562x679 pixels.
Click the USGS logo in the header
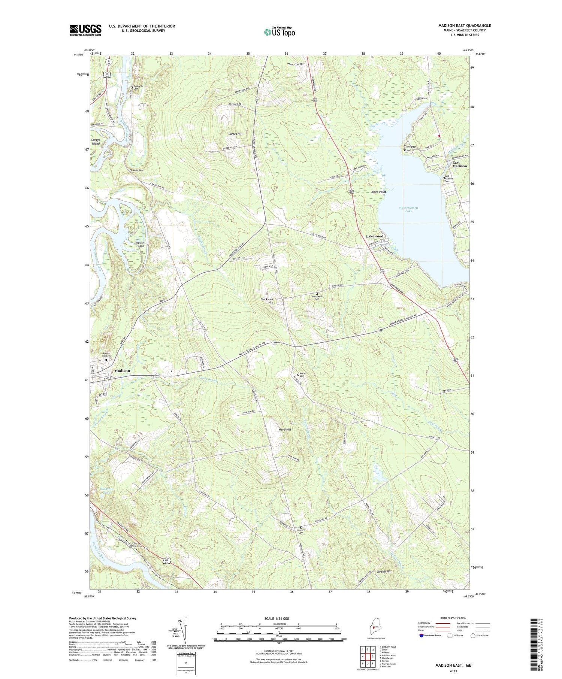85,30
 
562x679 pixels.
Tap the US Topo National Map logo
279,32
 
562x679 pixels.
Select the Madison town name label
122,371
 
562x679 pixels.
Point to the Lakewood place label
375,236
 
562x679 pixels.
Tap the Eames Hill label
235,134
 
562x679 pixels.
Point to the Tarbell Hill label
384,572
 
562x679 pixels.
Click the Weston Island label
140,244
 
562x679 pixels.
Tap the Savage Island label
96,142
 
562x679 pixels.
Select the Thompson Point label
410,148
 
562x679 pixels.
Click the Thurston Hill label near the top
296,64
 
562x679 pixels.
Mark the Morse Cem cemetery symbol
299,374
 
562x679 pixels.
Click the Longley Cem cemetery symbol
301,528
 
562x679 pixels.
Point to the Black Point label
378,192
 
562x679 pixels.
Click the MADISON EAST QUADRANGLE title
464,25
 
